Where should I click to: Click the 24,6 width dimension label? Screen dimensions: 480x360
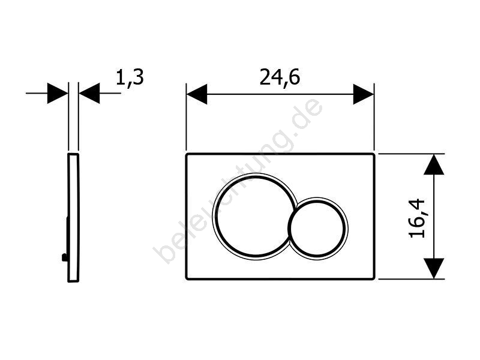280,78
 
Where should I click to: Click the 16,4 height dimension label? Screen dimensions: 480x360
417,218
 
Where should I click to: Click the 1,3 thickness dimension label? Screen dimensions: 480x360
130,78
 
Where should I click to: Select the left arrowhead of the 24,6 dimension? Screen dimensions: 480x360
197,94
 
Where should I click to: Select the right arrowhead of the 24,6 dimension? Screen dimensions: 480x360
364,94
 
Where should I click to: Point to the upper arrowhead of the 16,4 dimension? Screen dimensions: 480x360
434,164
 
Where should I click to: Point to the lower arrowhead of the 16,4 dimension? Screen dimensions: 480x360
434,268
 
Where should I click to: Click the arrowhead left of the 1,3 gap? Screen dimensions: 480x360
58,93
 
